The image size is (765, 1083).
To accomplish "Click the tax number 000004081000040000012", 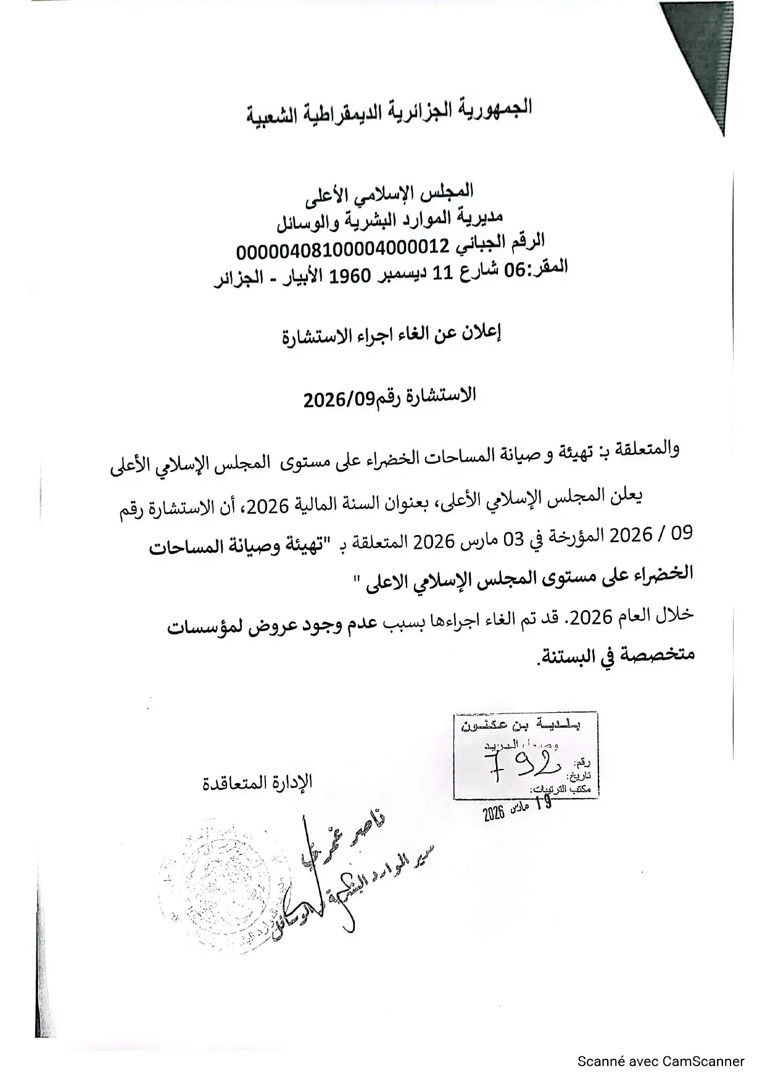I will pos(342,249).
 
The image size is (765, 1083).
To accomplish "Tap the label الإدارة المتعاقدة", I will pos(258,782).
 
